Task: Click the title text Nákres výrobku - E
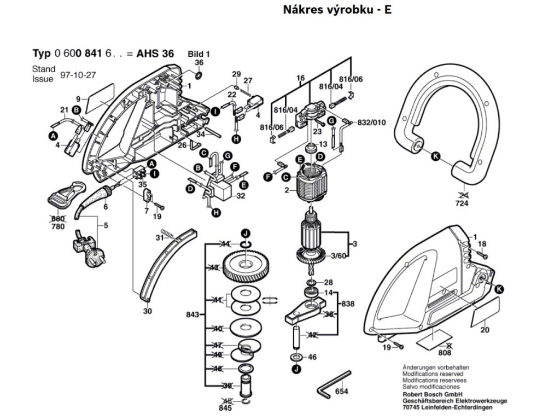(337, 10)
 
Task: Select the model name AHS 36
(155, 54)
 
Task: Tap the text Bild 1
(199, 54)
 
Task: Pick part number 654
(342, 392)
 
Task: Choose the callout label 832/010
(371, 122)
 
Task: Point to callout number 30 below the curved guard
(147, 311)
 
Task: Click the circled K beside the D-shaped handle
(436, 156)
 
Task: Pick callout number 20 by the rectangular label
(485, 330)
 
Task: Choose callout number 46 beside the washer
(312, 357)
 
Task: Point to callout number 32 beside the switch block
(241, 196)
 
